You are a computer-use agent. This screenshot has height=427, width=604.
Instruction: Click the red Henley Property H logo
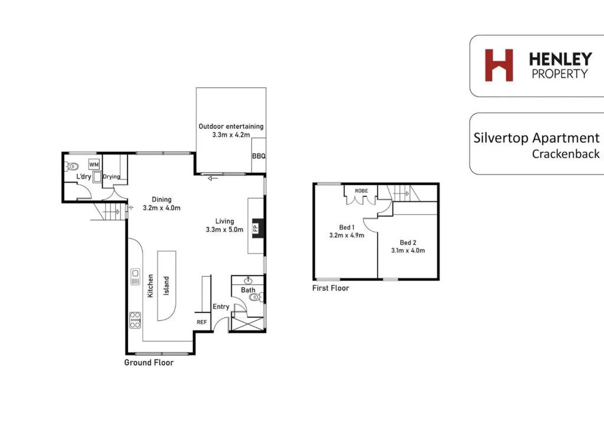coord(499,65)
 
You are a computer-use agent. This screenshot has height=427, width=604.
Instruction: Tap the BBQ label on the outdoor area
coord(259,156)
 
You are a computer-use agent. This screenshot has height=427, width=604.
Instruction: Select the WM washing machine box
coord(94,165)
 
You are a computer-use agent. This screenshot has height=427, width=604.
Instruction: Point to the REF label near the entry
coord(202,322)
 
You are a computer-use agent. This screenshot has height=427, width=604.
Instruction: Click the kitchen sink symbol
coord(135,277)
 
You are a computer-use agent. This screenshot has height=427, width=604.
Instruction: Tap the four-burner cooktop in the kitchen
coord(135,320)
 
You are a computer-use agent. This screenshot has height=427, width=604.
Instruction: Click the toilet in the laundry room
coord(71,167)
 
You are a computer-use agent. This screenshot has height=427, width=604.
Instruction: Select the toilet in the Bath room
coord(256,297)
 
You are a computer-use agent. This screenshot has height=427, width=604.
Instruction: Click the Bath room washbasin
coord(248,280)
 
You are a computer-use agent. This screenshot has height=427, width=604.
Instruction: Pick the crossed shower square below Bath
coord(247,323)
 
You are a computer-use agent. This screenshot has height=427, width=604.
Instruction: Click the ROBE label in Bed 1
coord(362,191)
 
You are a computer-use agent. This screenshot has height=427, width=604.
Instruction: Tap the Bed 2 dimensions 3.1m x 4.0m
coord(408,251)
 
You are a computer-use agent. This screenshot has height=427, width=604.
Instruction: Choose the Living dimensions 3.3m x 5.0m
coord(225,230)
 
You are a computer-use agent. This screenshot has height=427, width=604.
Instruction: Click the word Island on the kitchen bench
coord(166,285)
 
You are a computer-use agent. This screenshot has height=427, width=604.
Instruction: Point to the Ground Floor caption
coord(149,363)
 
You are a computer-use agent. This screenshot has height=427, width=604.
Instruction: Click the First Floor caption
coord(330,288)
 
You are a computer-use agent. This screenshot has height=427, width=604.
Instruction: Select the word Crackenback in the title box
coord(566,154)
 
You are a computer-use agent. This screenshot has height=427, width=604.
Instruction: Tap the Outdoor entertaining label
coord(231,126)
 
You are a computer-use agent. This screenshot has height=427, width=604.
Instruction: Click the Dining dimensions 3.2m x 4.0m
coord(162,208)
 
